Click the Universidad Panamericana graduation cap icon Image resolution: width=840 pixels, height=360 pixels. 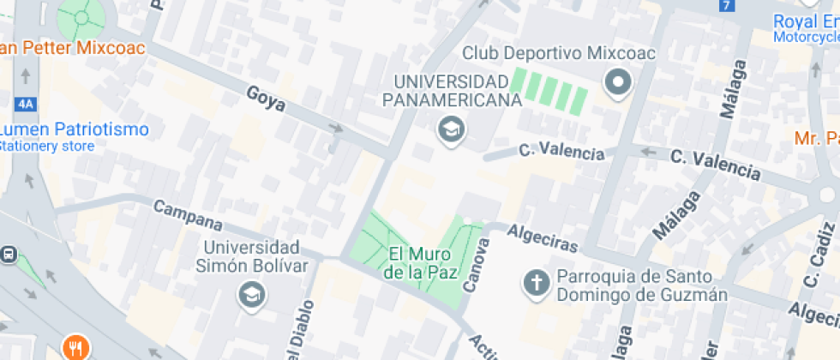tap(448, 130)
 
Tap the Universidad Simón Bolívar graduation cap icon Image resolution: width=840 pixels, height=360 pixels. tap(252, 295)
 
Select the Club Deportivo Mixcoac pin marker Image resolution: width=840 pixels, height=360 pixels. tap(617, 84)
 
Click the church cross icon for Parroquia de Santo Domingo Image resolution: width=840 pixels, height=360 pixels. tap(537, 282)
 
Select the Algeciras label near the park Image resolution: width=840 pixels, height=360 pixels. tap(543, 238)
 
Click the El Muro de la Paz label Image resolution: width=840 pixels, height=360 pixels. tap(421, 263)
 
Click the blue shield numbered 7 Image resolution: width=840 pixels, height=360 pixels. tap(727, 5)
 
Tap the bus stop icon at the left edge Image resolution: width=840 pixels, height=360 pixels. tap(9, 254)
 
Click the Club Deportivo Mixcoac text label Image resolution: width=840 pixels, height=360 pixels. tap(559, 53)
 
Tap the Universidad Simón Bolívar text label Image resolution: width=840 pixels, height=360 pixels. tap(252, 255)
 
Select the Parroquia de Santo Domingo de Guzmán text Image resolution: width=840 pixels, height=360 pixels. tap(642, 285)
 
